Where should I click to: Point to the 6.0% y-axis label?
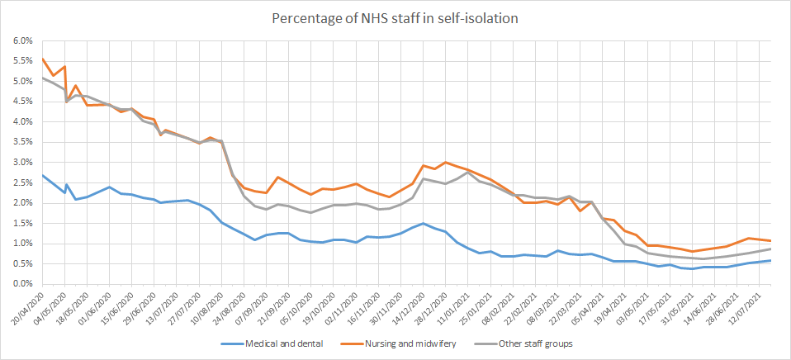tap(20, 40)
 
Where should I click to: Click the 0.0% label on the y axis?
tap(20, 284)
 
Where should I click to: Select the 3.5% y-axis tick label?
tap(20, 142)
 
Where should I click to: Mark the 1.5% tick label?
tap(20, 223)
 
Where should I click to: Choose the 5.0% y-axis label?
tap(20, 81)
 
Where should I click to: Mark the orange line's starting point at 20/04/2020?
tap(41, 58)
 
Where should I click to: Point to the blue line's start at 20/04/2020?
tap(41, 175)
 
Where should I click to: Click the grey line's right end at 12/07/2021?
tap(771, 249)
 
